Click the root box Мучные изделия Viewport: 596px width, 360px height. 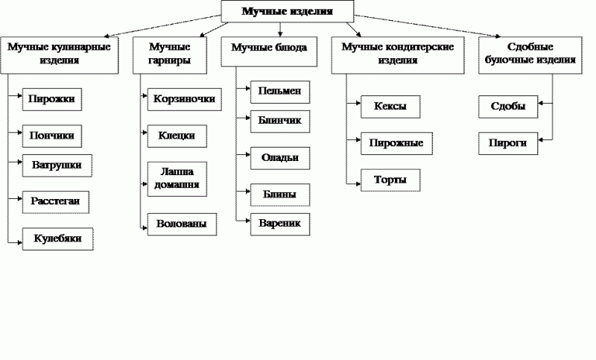tap(288, 11)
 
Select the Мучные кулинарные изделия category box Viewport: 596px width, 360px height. tap(60, 54)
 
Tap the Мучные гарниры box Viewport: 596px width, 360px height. tap(170, 54)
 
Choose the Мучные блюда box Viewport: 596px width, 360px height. tap(269, 51)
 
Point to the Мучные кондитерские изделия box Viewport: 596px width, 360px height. tap(398, 54)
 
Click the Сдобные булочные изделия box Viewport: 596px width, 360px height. tap(530, 54)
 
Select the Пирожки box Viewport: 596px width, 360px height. tap(52, 99)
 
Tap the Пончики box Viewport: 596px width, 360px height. tap(52, 136)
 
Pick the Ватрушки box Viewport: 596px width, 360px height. tap(57, 165)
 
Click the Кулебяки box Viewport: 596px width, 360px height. tap(58, 239)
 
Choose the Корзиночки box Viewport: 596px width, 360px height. tap(184, 99)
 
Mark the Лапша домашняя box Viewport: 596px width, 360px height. tap(177, 179)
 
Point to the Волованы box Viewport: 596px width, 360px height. tap(182, 224)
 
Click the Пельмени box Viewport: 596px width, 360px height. tap(280, 92)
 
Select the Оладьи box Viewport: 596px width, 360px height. tap(280, 158)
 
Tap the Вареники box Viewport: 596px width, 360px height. tap(280, 224)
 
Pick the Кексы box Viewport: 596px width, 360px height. tap(390, 107)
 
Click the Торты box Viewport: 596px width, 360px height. tap(390, 180)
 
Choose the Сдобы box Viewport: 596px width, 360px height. tap(508, 107)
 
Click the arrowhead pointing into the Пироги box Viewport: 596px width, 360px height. tap(541, 140)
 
